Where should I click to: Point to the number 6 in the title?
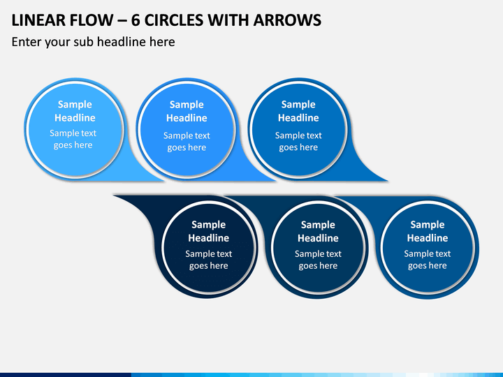pyautogui.click(x=136, y=20)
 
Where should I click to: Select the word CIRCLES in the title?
pyautogui.click(x=173, y=20)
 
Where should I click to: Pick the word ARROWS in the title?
pyautogui.click(x=287, y=20)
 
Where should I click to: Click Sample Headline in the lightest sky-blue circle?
pyautogui.click(x=75, y=111)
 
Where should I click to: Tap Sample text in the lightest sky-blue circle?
pyautogui.click(x=73, y=133)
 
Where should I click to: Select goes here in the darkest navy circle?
pyautogui.click(x=208, y=266)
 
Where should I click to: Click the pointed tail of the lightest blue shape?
pyautogui.click(x=163, y=181)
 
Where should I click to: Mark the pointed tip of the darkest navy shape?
pyautogui.click(x=115, y=195)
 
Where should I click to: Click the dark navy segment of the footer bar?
pyautogui.click(x=66, y=375)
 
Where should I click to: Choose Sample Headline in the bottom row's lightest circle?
pyautogui.click(x=428, y=231)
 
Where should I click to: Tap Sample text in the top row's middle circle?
pyautogui.click(x=187, y=135)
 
